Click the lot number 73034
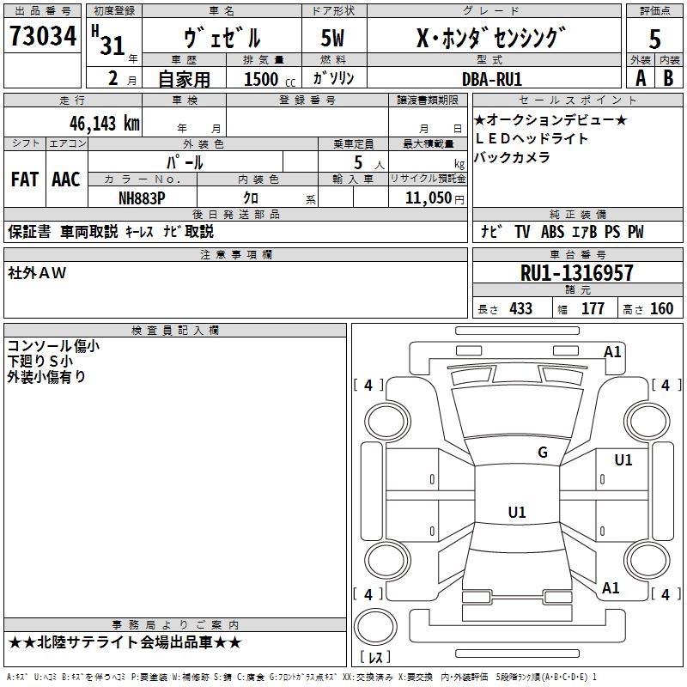click(x=43, y=35)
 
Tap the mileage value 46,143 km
click(x=104, y=124)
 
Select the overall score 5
click(x=654, y=39)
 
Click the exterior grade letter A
click(x=641, y=78)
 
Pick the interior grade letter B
click(x=668, y=78)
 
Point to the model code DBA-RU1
click(x=492, y=79)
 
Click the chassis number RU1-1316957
click(x=576, y=273)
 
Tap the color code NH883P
click(x=142, y=198)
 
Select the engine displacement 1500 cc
click(x=270, y=79)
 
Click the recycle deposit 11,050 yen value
click(x=435, y=198)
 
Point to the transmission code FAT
click(x=25, y=179)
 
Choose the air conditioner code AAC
click(x=66, y=179)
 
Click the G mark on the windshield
click(x=543, y=452)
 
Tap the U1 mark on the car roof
click(x=517, y=512)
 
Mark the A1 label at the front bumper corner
click(x=612, y=352)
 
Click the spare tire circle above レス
click(x=375, y=626)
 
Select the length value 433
click(x=520, y=308)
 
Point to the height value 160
click(x=661, y=308)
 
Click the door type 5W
click(x=332, y=38)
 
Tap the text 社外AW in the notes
click(x=37, y=273)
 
